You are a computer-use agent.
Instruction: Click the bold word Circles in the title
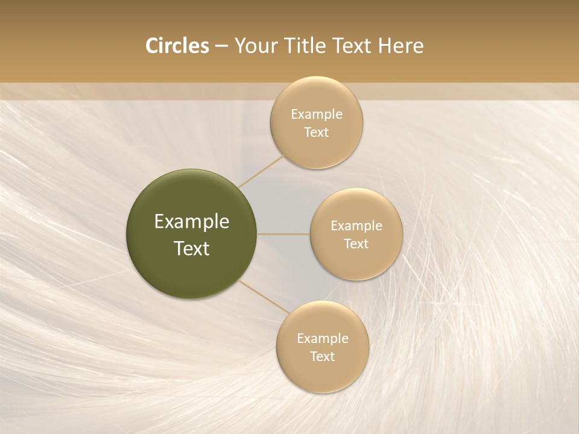tap(177, 46)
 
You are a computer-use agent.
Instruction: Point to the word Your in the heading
tap(256, 46)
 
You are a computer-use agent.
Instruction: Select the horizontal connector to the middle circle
tap(283, 234)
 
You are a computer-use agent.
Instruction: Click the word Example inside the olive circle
tap(192, 222)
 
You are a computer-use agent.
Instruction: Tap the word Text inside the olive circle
tap(192, 248)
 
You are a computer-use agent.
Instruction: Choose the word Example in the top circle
tap(317, 114)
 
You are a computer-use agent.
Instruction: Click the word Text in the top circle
tap(317, 132)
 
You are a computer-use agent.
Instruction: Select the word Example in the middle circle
tap(356, 225)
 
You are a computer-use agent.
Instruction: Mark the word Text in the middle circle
tap(356, 244)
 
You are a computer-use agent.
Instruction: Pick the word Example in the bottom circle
tap(323, 338)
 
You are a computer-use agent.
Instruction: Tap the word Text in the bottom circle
tap(323, 356)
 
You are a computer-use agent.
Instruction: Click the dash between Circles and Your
tap(221, 46)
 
